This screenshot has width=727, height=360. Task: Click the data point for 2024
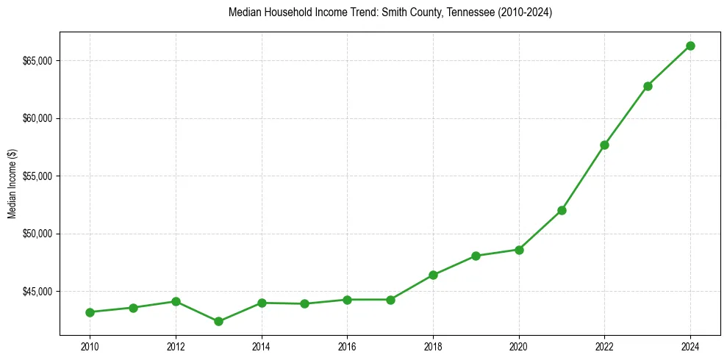pyautogui.click(x=690, y=46)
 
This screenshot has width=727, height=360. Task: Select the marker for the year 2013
pyautogui.click(x=218, y=321)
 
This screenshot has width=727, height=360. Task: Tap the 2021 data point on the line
pyautogui.click(x=562, y=210)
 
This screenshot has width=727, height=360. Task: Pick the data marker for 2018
pyautogui.click(x=433, y=275)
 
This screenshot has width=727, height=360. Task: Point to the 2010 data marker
pyautogui.click(x=90, y=312)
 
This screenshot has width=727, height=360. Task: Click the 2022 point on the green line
pyautogui.click(x=604, y=145)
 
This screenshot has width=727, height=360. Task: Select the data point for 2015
pyautogui.click(x=304, y=303)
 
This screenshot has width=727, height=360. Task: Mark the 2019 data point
pyautogui.click(x=476, y=256)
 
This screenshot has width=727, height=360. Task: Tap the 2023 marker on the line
pyautogui.click(x=648, y=86)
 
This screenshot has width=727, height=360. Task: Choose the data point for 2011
pyautogui.click(x=133, y=308)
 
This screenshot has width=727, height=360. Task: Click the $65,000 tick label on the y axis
pyautogui.click(x=37, y=61)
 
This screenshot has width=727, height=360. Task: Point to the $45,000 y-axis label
pyautogui.click(x=37, y=292)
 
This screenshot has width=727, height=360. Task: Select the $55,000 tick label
pyautogui.click(x=37, y=176)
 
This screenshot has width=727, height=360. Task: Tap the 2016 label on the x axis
pyautogui.click(x=347, y=346)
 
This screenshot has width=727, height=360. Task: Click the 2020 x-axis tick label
pyautogui.click(x=519, y=346)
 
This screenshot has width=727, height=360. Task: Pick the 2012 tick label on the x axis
pyautogui.click(x=176, y=346)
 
